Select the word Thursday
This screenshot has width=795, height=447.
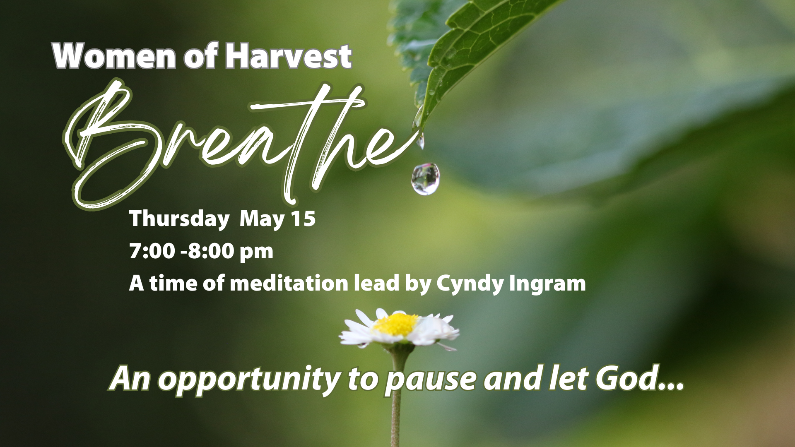[x=179, y=219]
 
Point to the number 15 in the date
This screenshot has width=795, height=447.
[x=303, y=218]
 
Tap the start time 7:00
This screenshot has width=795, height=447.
[x=152, y=251]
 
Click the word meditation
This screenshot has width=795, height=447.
[x=289, y=284]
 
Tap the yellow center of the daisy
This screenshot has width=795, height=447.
[x=397, y=324]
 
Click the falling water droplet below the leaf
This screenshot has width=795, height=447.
[x=426, y=178]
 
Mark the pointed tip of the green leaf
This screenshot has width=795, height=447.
[x=422, y=130]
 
